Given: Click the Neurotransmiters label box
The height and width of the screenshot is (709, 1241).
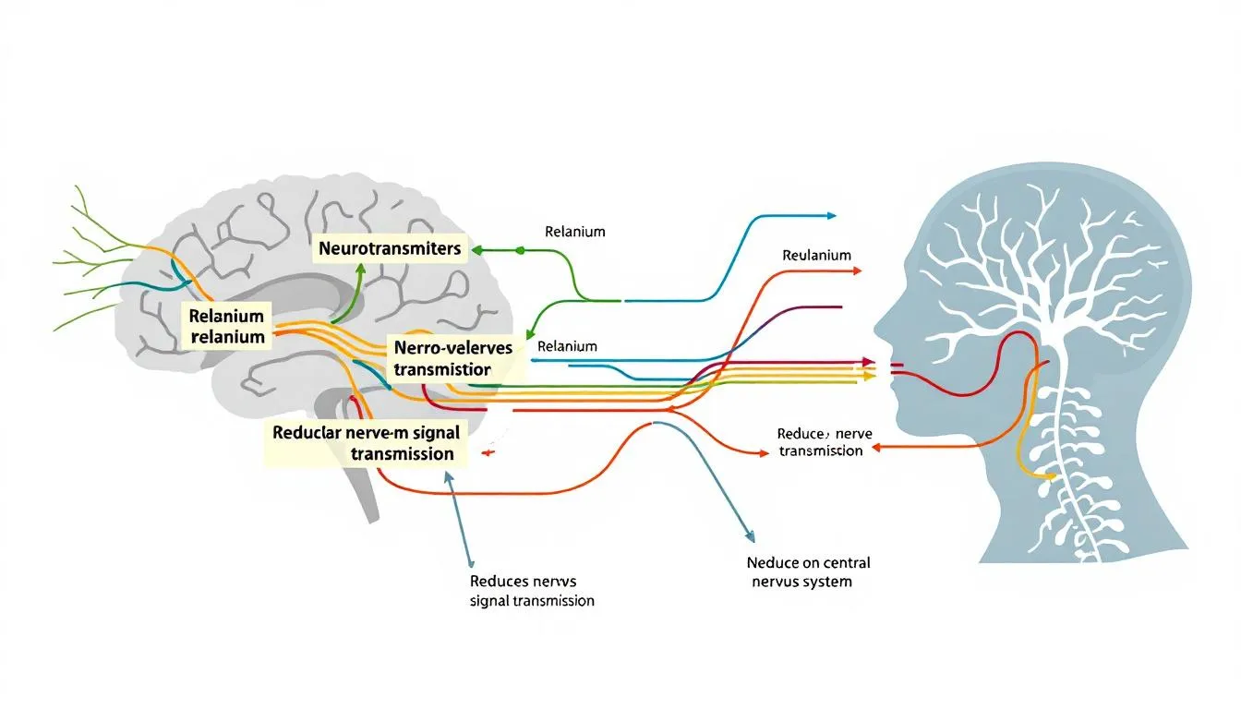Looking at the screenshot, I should [x=390, y=248].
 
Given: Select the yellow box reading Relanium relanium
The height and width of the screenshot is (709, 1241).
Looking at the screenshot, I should [x=227, y=327].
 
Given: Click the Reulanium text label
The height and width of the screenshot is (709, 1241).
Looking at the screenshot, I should [x=816, y=255].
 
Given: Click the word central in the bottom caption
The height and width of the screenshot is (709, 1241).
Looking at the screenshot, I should [x=839, y=562].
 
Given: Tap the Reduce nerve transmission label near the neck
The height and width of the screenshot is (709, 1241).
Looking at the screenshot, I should [x=821, y=441].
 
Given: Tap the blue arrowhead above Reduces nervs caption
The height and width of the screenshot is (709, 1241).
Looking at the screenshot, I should [x=449, y=478].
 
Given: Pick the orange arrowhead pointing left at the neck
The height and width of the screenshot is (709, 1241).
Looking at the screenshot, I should [x=876, y=446].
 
